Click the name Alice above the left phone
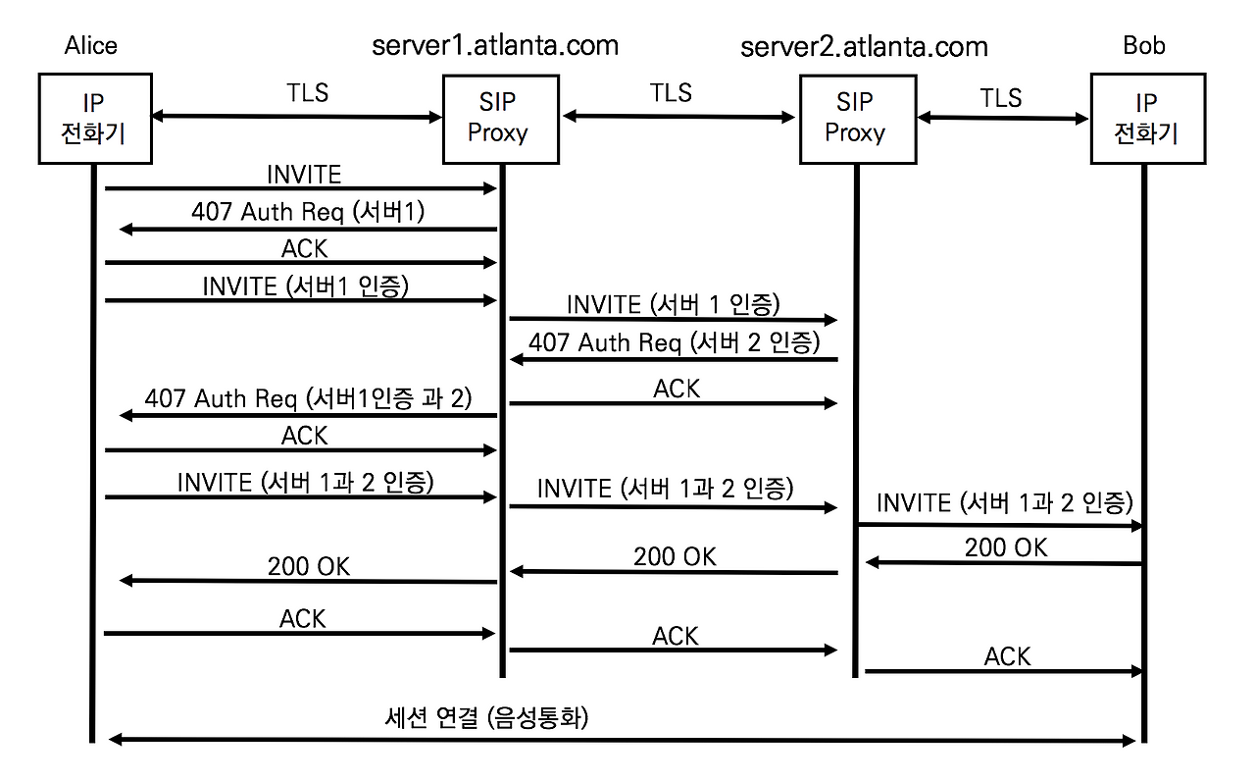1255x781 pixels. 90,45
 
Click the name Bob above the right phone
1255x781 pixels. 1144,45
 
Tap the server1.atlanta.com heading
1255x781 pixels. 495,45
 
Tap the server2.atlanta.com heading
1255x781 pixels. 864,46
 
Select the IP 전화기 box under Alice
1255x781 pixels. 95,119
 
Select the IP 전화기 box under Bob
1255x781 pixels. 1146,119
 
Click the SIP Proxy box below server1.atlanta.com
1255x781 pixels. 500,119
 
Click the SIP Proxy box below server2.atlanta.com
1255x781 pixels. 857,119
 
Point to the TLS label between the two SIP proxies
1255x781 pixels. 671,93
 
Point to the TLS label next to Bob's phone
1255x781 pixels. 1000,98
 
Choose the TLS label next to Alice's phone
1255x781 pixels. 307,93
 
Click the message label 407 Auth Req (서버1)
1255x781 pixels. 308,212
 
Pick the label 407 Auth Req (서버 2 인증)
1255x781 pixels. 674,342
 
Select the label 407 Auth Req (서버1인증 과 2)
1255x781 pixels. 308,398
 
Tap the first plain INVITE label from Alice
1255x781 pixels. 304,174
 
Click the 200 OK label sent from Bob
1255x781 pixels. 1006,547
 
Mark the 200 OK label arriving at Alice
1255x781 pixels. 309,566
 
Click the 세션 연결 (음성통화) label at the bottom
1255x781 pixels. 486,717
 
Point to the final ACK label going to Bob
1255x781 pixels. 1008,656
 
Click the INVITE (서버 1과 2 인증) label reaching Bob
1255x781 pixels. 1004,503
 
